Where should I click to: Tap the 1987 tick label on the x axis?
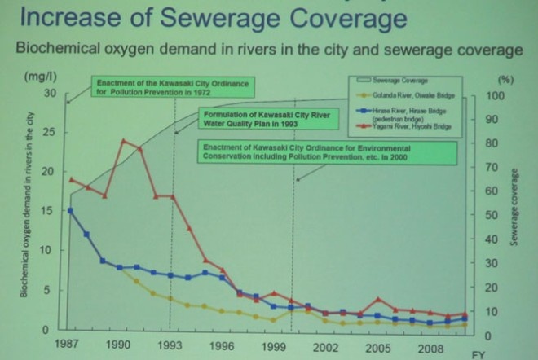[x=72, y=345]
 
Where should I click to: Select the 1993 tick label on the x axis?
[x=171, y=345]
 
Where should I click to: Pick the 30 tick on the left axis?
[x=51, y=94]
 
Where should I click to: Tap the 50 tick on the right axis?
[x=492, y=216]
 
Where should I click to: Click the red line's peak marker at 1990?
[x=123, y=141]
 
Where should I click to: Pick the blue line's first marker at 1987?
[x=71, y=210]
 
